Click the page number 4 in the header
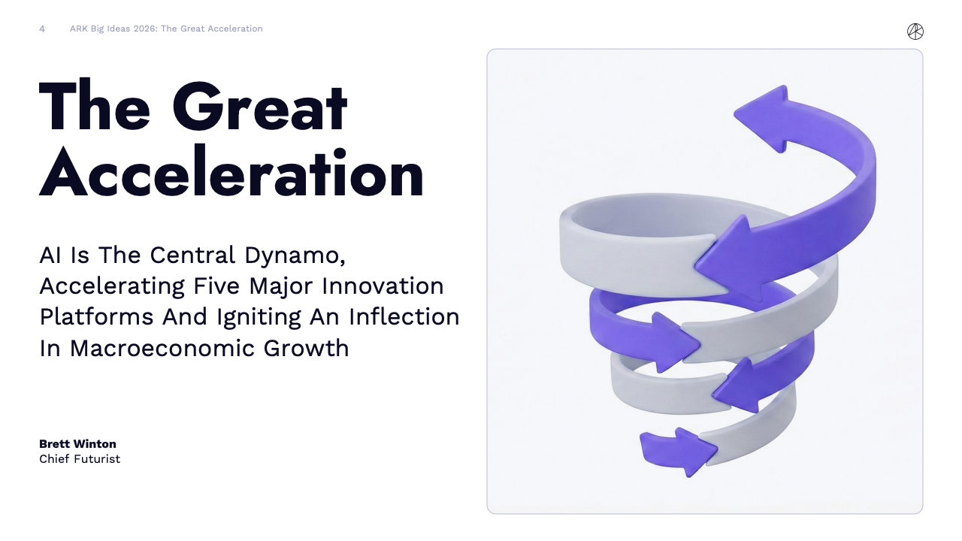click(42, 29)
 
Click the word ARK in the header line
click(79, 29)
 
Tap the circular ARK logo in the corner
click(915, 32)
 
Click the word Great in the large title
click(260, 106)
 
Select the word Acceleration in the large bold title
click(231, 172)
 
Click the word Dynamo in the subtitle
click(295, 256)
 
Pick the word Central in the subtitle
click(192, 255)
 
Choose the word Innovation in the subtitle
click(383, 286)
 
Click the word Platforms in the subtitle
click(96, 317)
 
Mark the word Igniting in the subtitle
click(259, 318)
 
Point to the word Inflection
click(404, 317)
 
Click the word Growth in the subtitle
click(306, 348)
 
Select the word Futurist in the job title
click(97, 459)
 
